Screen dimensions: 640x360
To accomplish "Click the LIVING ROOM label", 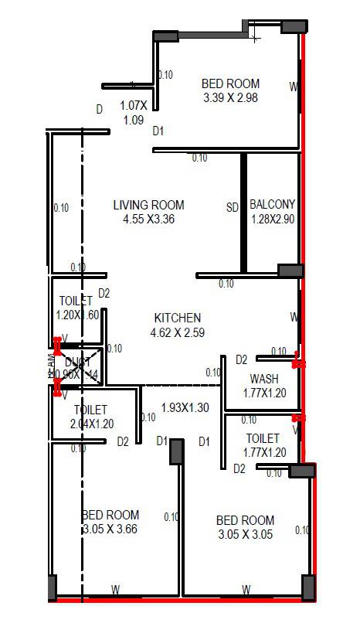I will tap(148, 205).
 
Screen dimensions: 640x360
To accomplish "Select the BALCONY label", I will tap(273, 205).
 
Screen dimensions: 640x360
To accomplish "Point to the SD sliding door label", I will tap(232, 208).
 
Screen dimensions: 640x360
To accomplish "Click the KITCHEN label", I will tap(178, 318).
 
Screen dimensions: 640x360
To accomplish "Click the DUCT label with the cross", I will tap(77, 362).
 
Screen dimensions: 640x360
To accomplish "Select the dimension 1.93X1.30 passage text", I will tap(185, 408).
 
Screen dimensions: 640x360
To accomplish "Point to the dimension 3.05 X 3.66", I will tap(110, 529).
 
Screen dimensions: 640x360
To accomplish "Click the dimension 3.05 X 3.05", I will tap(245, 535).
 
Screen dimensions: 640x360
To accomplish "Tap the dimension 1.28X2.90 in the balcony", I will tap(273, 220).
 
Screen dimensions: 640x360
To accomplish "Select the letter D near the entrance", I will tap(99, 110).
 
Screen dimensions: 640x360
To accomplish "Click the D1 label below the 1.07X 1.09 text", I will tap(158, 131).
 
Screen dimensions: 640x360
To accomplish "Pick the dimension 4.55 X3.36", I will tap(148, 220).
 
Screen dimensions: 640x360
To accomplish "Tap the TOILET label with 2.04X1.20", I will tap(90, 410).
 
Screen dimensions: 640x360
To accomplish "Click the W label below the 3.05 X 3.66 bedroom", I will tap(115, 590).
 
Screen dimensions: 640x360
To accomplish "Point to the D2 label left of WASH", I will tap(241, 359).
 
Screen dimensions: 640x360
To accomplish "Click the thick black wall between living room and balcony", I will tap(243, 213).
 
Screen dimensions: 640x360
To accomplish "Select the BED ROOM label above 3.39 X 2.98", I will tap(230, 83).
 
